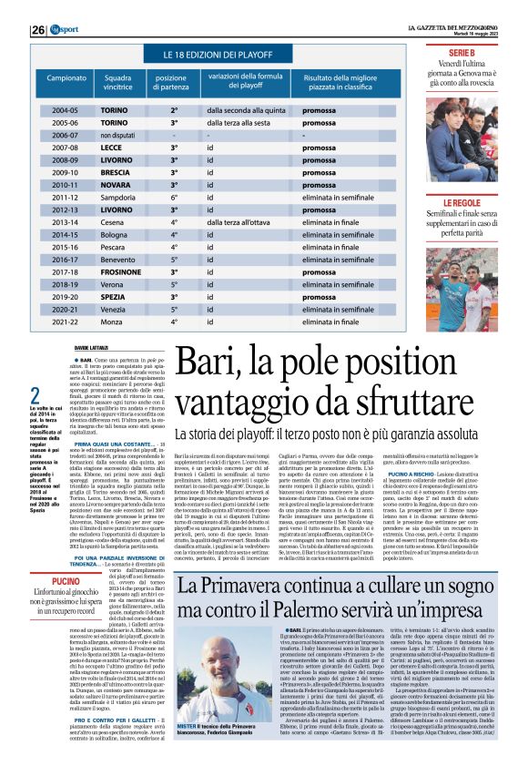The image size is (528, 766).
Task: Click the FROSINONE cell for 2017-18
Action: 122,271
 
